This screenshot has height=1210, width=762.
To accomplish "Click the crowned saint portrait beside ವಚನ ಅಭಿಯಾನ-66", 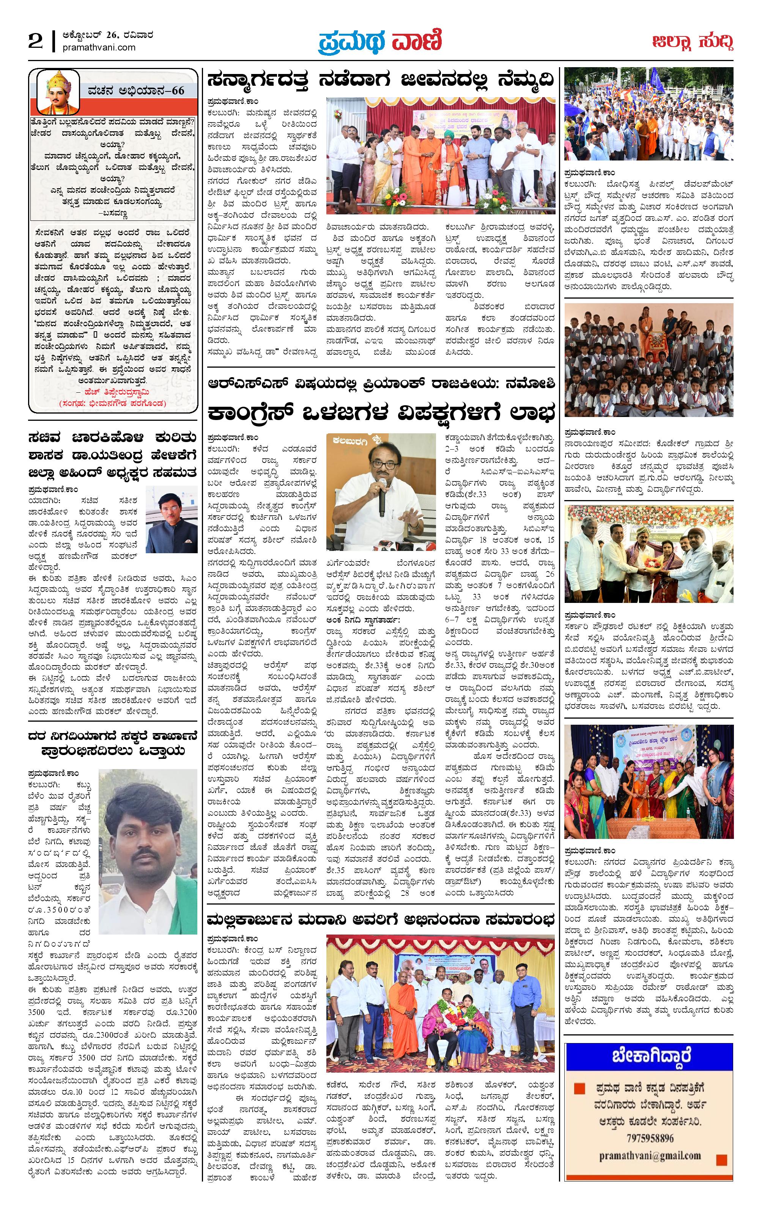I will coord(59,91).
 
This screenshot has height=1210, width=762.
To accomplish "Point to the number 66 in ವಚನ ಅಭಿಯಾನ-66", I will coord(178,91).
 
